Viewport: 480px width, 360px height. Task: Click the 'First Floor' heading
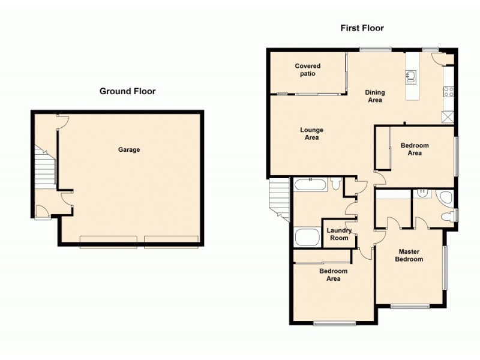(x=362, y=28)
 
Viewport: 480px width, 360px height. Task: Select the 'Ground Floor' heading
(x=127, y=92)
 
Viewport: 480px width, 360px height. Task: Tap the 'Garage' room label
(x=129, y=150)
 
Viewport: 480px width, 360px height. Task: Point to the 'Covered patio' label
(x=307, y=70)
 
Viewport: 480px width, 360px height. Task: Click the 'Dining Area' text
(x=375, y=96)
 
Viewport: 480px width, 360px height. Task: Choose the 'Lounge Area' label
(x=311, y=134)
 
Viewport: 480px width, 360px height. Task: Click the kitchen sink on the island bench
(x=411, y=75)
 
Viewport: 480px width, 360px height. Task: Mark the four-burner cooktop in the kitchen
(x=448, y=92)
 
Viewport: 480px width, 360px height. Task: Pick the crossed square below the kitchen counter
(x=448, y=116)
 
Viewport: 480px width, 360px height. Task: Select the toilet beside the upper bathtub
(x=337, y=184)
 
